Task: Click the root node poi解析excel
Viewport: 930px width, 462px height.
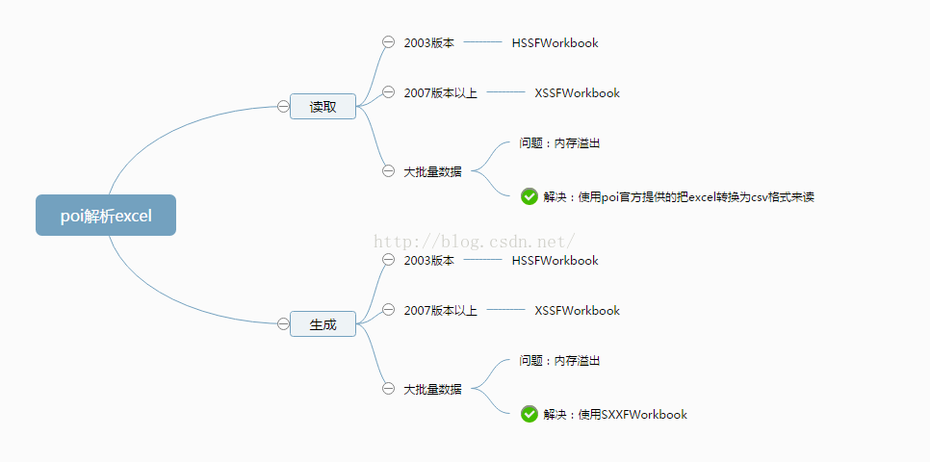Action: (x=106, y=216)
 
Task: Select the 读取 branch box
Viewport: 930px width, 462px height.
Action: (x=323, y=107)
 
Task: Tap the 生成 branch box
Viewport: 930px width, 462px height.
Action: (x=323, y=324)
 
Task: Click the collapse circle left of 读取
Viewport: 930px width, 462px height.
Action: (x=283, y=106)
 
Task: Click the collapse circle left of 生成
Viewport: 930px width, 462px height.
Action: (x=283, y=323)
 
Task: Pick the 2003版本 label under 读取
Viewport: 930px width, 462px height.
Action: (x=428, y=43)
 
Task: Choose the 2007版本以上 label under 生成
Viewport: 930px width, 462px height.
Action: (x=440, y=311)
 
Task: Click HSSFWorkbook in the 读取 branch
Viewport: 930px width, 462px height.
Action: (x=555, y=43)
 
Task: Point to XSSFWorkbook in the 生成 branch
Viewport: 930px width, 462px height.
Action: (x=577, y=311)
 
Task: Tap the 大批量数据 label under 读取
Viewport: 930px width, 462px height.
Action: (x=432, y=172)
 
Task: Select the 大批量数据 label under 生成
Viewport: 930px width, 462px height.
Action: (x=432, y=390)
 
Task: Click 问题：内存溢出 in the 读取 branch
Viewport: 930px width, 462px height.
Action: (x=559, y=142)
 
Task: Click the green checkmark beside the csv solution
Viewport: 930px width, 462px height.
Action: (x=530, y=196)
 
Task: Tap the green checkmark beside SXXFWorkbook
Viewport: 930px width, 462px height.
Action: (x=530, y=414)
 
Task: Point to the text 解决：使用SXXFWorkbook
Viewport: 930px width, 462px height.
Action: (x=615, y=415)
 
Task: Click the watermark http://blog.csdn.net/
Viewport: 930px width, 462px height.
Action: (x=474, y=242)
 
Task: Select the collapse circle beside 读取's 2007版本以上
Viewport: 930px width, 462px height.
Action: (x=389, y=92)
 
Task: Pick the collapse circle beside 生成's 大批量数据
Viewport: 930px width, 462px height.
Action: (x=389, y=389)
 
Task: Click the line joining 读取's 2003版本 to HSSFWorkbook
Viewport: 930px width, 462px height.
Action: (x=482, y=42)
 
